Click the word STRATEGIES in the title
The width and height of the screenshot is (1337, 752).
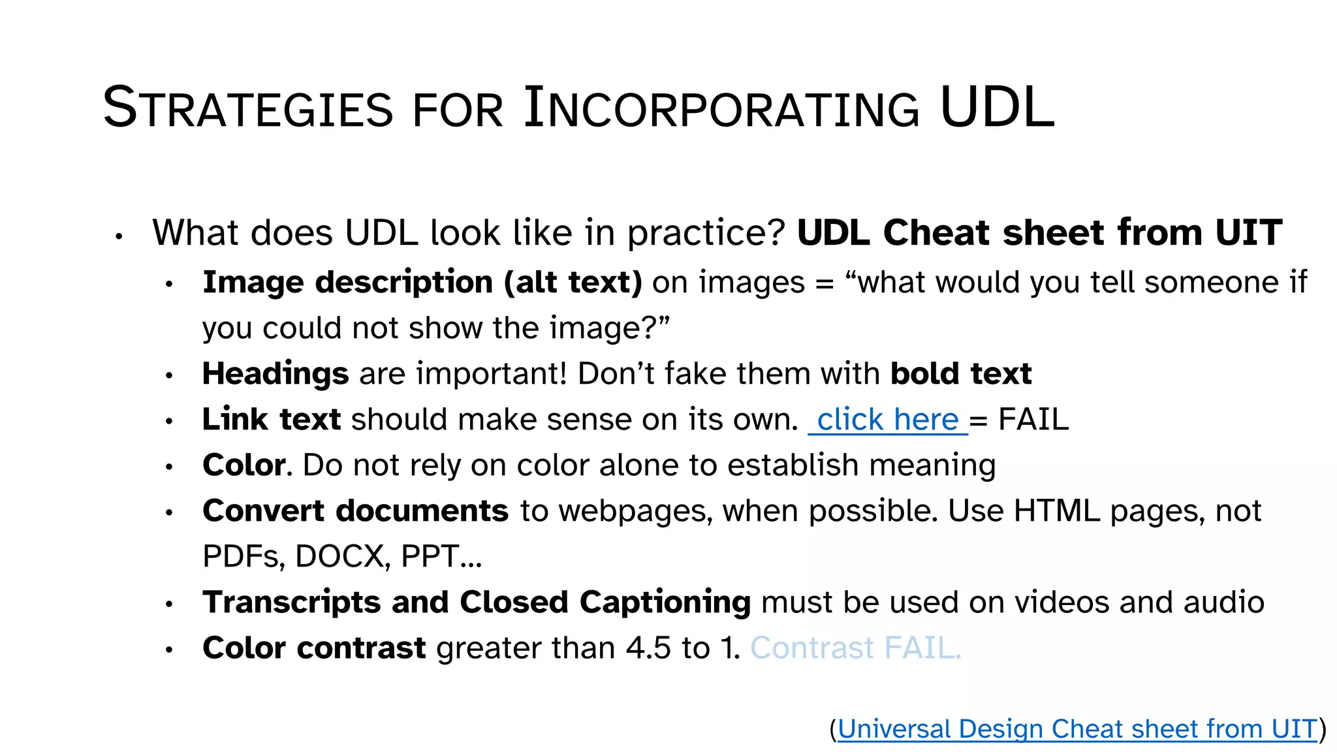coord(248,108)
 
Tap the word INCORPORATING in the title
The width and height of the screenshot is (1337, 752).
coord(721,108)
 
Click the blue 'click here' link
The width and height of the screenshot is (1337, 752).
coord(887,420)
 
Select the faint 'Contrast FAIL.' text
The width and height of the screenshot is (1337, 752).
coord(855,648)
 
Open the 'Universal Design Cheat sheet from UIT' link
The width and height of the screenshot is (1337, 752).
coord(1077,729)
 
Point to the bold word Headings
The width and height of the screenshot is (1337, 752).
coord(275,374)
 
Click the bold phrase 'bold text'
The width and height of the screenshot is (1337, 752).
coord(961,374)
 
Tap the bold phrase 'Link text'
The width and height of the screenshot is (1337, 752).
coord(272,420)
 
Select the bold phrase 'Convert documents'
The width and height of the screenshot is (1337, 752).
coord(355,511)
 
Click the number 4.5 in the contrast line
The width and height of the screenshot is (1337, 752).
coord(648,648)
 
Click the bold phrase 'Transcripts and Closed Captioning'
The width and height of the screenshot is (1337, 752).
coord(477,603)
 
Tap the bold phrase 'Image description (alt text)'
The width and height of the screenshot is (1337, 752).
coord(422,283)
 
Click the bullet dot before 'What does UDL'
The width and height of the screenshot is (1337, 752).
coord(119,237)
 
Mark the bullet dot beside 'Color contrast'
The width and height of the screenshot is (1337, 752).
coord(169,650)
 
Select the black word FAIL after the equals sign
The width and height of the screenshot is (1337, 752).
coord(1033,420)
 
